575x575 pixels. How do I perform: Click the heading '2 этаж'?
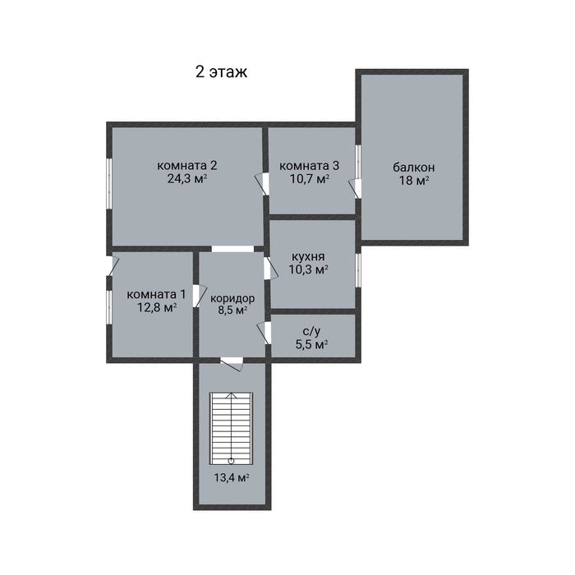221,72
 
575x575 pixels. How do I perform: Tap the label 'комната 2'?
187,165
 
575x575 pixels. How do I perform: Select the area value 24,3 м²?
187,179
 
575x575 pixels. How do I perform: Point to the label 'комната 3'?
310,166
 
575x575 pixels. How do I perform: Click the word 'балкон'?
414,168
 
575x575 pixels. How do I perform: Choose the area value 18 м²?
414,181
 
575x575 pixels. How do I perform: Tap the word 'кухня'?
308,256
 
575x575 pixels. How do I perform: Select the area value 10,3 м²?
308,270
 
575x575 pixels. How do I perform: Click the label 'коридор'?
232,298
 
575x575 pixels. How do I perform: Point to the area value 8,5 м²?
232,310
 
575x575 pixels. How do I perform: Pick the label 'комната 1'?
157,294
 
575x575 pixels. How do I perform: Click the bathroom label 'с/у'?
311,331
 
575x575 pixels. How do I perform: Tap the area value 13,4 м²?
232,478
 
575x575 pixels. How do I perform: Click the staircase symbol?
232,428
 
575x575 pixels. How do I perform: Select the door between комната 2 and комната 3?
264,184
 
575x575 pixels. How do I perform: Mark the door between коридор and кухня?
269,268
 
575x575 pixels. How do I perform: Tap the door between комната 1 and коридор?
197,296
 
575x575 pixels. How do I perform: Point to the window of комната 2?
109,184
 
